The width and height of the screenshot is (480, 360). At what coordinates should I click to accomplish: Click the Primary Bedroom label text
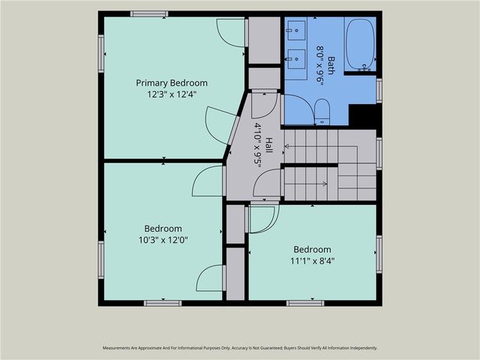pyautogui.click(x=172, y=83)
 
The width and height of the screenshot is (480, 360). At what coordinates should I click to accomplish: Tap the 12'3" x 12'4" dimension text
pyautogui.click(x=172, y=94)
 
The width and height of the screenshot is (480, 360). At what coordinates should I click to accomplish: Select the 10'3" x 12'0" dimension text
pyautogui.click(x=163, y=240)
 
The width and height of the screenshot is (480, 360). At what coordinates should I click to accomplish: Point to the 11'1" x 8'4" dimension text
pyautogui.click(x=312, y=261)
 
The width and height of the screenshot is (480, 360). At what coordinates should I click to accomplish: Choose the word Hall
pyautogui.click(x=269, y=145)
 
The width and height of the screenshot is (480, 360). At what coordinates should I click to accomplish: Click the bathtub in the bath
pyautogui.click(x=360, y=45)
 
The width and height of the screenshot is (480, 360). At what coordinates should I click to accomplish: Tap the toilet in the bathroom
pyautogui.click(x=322, y=112)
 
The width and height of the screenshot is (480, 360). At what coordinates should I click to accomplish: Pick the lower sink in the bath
pyautogui.click(x=296, y=59)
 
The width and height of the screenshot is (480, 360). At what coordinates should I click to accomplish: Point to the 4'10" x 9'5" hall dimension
pyautogui.click(x=258, y=145)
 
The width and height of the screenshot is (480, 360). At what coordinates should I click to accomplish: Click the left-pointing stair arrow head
pyautogui.click(x=286, y=146)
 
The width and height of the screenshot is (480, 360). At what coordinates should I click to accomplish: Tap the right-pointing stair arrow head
pyautogui.click(x=325, y=184)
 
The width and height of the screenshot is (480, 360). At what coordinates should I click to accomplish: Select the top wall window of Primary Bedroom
pyautogui.click(x=149, y=13)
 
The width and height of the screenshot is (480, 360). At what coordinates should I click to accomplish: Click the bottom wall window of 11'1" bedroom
pyautogui.click(x=305, y=303)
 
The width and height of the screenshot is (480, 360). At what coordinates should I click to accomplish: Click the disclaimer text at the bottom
pyautogui.click(x=240, y=348)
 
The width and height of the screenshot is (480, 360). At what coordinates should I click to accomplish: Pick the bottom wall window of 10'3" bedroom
pyautogui.click(x=163, y=303)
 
